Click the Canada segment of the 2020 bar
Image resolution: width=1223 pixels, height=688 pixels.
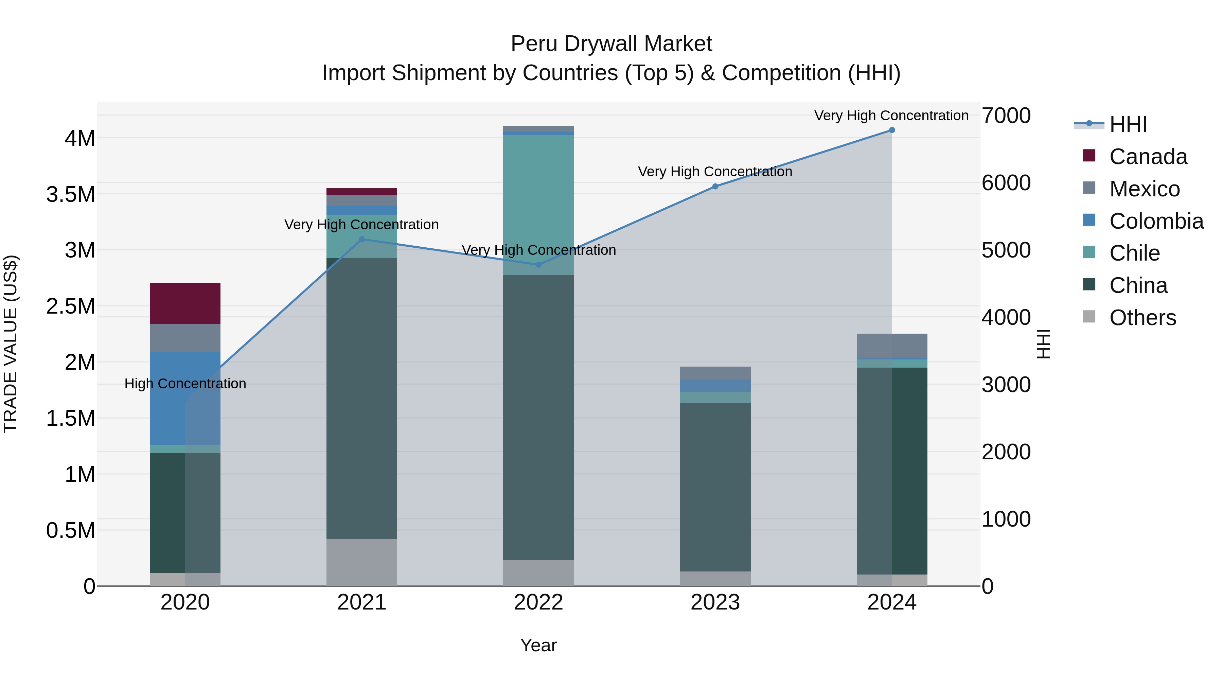(x=185, y=303)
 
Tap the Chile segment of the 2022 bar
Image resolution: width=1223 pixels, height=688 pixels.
(x=538, y=205)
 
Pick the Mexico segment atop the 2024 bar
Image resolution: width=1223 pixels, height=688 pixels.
(x=892, y=345)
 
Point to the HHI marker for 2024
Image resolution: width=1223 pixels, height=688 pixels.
(x=892, y=130)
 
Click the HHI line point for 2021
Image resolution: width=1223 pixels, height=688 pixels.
(x=361, y=239)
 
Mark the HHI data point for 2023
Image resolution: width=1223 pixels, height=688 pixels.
(x=715, y=187)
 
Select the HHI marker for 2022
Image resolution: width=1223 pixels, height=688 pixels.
(x=538, y=265)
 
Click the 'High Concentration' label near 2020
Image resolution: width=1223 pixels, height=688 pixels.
(x=185, y=384)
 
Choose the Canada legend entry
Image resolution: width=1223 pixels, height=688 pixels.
(x=1148, y=157)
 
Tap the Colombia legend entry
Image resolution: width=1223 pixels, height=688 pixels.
(x=1156, y=221)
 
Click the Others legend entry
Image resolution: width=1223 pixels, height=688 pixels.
(x=1142, y=318)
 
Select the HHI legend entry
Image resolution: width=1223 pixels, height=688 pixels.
(x=1128, y=124)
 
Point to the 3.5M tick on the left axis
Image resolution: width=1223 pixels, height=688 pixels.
(x=70, y=195)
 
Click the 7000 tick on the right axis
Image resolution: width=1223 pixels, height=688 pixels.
(x=1006, y=116)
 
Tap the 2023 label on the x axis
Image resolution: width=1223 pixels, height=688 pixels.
(x=715, y=602)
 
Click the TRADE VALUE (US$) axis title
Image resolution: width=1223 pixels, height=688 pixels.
(x=11, y=344)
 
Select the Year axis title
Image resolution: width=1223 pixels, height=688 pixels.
(x=538, y=645)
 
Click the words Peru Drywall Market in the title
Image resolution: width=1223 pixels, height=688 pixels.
(x=611, y=44)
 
